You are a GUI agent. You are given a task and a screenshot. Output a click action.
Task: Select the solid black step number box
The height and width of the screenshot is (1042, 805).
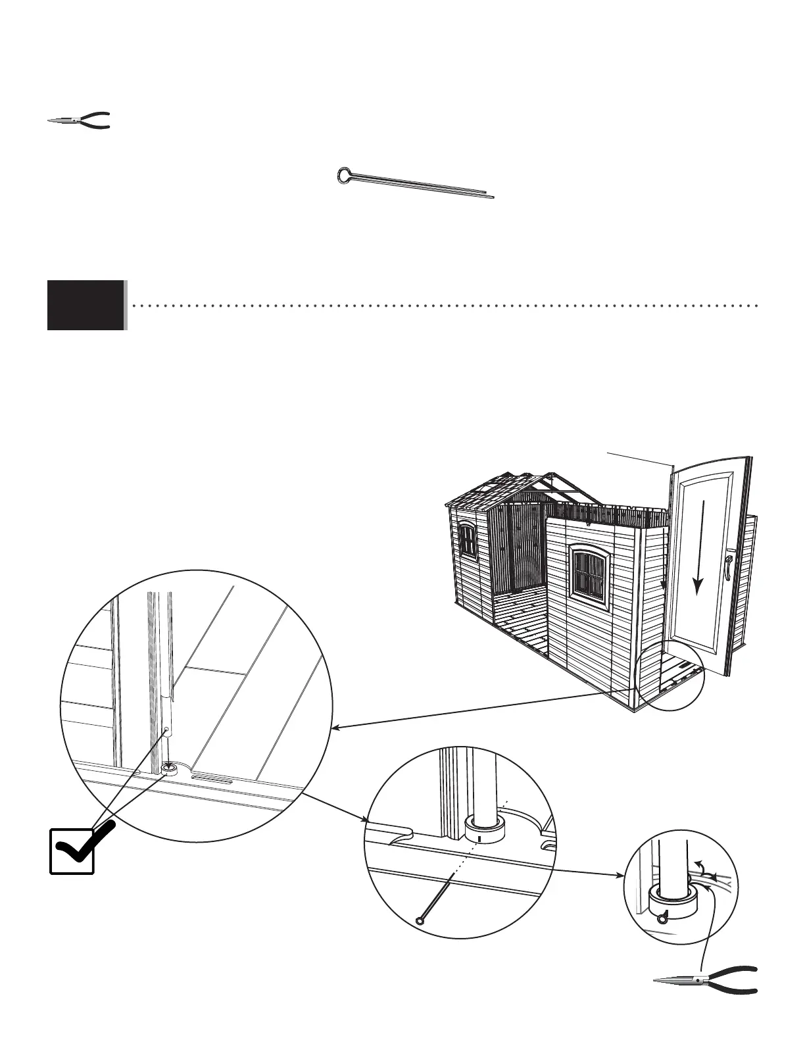pos(85,305)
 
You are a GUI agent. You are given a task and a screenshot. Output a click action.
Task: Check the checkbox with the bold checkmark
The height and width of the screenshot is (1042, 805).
pos(72,851)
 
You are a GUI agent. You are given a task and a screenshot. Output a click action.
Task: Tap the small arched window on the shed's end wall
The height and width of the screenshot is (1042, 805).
pos(468,541)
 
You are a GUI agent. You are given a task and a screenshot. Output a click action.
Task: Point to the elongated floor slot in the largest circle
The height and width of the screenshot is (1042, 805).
pos(211,779)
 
